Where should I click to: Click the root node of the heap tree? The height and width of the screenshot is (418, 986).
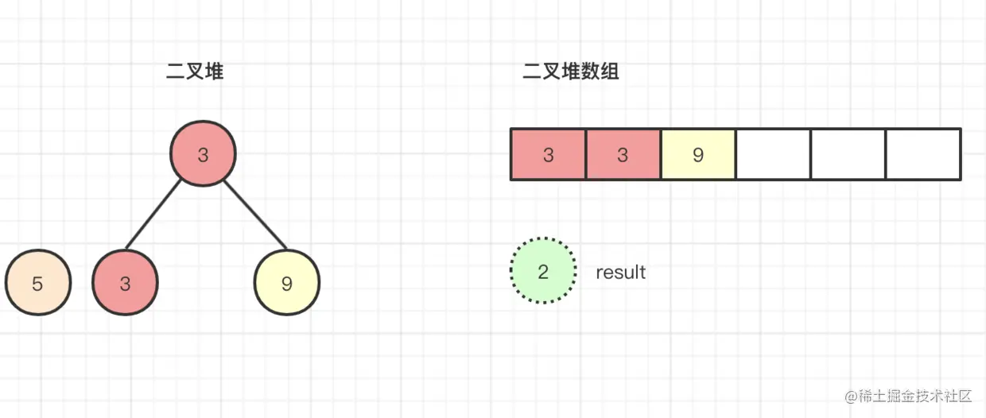pos(204,153)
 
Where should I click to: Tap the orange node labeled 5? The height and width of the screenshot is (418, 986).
pos(38,283)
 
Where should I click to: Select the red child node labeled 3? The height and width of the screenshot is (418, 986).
pos(125,283)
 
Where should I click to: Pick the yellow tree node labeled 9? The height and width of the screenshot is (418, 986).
pos(286,283)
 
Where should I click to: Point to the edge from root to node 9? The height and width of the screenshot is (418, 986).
pos(254,215)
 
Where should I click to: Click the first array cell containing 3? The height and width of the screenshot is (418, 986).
pos(548,154)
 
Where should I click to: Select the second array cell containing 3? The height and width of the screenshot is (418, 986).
pos(623,154)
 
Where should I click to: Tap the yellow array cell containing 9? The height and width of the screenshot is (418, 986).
pos(697,154)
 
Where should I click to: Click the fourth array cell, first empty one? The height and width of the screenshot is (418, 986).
pos(773,154)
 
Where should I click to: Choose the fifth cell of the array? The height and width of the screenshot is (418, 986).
pos(848,154)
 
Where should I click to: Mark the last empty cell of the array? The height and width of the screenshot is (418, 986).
pos(922,154)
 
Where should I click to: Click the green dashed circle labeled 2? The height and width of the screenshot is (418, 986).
pos(543,271)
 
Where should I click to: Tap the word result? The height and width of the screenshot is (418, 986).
pos(621,272)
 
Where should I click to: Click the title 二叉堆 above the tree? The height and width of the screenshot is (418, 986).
pos(195,72)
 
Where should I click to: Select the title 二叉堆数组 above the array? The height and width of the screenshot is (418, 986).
pos(571,72)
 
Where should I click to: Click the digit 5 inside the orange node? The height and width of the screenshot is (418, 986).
pos(38,284)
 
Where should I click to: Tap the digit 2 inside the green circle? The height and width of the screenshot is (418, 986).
pos(543,272)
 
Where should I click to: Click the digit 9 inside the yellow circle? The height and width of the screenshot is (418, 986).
pos(286,284)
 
